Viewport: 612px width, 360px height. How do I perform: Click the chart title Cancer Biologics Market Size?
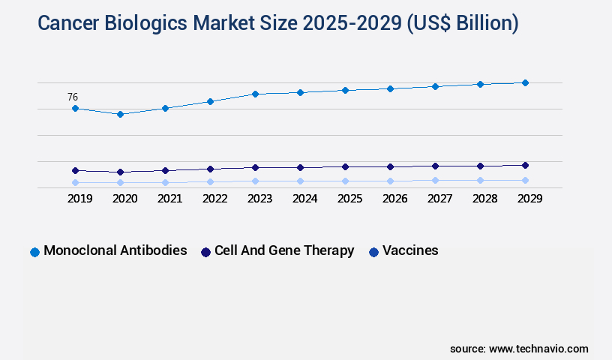[277, 23]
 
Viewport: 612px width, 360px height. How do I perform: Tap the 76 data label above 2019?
[73, 97]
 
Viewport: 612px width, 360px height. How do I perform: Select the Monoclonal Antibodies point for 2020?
[120, 114]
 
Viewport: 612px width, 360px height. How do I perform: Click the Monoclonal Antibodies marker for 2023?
[255, 94]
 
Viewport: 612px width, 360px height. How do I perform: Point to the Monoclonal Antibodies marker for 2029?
[525, 82]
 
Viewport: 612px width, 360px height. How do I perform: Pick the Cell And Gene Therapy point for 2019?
[75, 170]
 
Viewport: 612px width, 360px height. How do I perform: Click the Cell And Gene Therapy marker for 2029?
[525, 165]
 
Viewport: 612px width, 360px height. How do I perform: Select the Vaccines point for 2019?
[75, 182]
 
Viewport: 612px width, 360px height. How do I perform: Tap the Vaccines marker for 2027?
[435, 180]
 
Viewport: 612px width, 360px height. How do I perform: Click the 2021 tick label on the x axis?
[169, 199]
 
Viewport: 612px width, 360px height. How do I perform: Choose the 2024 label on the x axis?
[304, 199]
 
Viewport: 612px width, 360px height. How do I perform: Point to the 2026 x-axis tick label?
[394, 199]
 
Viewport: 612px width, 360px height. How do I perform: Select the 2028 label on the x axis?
[484, 199]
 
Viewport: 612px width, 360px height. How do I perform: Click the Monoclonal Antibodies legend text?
[115, 250]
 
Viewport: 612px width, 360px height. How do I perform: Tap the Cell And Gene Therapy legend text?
[284, 250]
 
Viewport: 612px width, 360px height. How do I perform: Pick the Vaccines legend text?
[410, 250]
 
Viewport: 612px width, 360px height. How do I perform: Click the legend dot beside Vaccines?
[373, 252]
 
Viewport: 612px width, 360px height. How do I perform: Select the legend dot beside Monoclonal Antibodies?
[34, 252]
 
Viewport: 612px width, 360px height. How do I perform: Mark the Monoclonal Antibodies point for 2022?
[210, 101]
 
